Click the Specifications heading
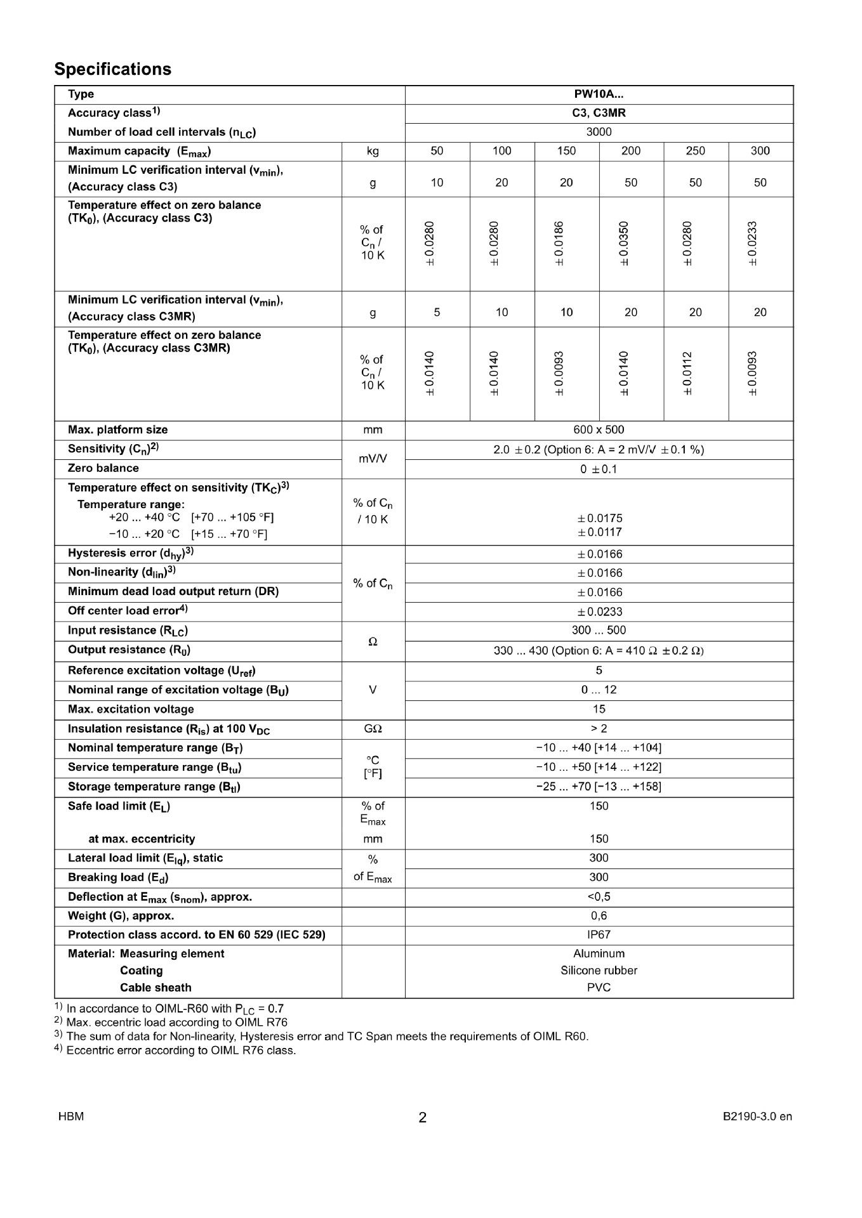pyautogui.click(x=112, y=69)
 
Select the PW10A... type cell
pyautogui.click(x=599, y=95)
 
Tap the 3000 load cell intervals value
pyautogui.click(x=599, y=132)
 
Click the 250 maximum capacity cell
pyautogui.click(x=695, y=151)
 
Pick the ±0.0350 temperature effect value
pyautogui.click(x=624, y=244)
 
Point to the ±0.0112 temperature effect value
pyautogui.click(x=688, y=374)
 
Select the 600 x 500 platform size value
pyautogui.click(x=599, y=430)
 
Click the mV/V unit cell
pyautogui.click(x=373, y=459)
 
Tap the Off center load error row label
pyautogui.click(x=128, y=611)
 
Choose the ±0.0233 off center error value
pyautogui.click(x=599, y=612)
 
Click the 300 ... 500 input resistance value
pyautogui.click(x=599, y=631)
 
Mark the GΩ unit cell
pyautogui.click(x=373, y=729)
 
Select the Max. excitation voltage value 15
pyautogui.click(x=599, y=709)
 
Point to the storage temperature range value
pyautogui.click(x=599, y=787)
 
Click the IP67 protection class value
pyautogui.click(x=599, y=934)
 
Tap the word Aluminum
pyautogui.click(x=599, y=953)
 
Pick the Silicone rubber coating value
pyautogui.click(x=599, y=971)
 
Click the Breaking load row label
pyautogui.click(x=118, y=877)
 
